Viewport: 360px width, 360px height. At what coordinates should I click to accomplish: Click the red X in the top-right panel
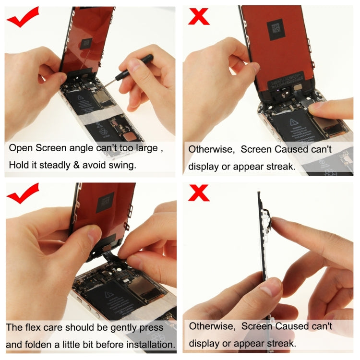click(x=199, y=16)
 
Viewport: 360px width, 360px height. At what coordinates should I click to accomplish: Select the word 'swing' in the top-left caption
click(x=122, y=165)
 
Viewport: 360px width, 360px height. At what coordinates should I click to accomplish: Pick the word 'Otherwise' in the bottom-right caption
click(x=212, y=326)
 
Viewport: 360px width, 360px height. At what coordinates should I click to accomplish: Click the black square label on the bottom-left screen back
click(x=106, y=202)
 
